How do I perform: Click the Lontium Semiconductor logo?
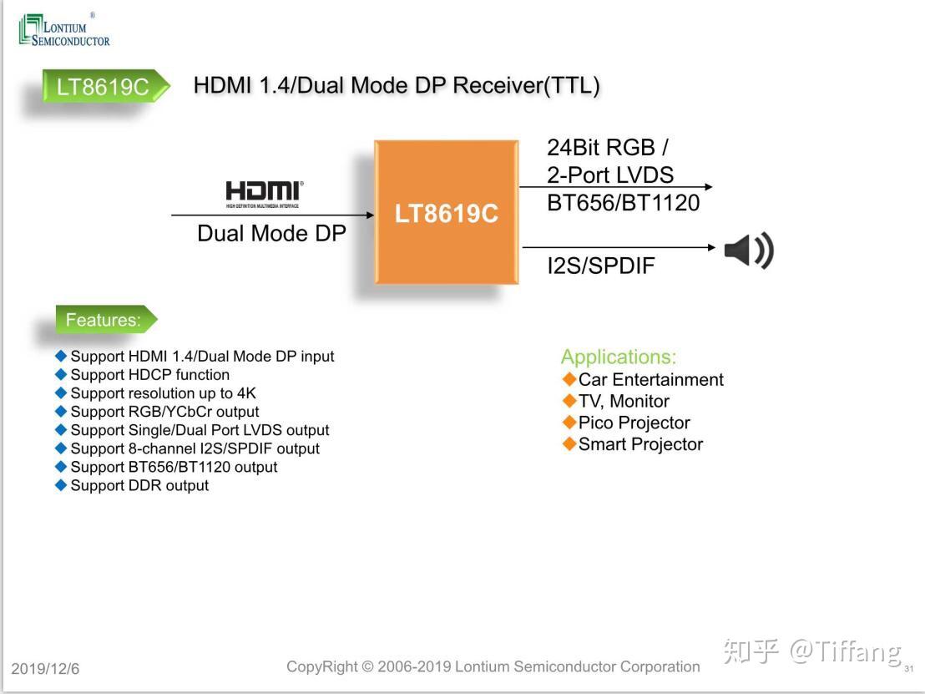pos(64,31)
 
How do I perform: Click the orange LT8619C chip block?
pos(446,212)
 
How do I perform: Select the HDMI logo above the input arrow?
pos(265,192)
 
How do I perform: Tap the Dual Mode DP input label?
pos(271,233)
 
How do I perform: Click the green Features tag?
pos(104,320)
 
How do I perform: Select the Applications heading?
pos(618,357)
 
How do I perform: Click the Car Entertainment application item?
pos(650,379)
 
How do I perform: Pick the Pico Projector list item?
pos(634,423)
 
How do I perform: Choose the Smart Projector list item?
pos(640,444)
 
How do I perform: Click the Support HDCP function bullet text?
pos(149,375)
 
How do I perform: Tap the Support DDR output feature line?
pos(139,485)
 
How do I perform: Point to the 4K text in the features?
pos(245,393)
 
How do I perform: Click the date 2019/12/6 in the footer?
pos(45,669)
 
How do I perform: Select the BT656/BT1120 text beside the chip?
pos(623,203)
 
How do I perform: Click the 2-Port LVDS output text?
pos(609,175)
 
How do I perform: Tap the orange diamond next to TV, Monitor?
pos(570,401)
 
